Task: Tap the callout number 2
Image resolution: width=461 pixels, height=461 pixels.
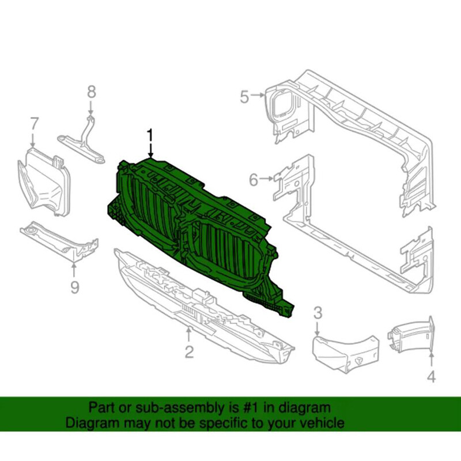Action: [x=189, y=352]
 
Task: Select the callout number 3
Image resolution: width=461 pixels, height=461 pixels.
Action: [x=318, y=313]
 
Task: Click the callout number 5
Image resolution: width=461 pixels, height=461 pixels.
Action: [x=244, y=97]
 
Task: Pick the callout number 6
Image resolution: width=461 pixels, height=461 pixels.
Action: [x=254, y=181]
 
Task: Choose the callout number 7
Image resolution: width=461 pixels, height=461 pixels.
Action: [x=34, y=124]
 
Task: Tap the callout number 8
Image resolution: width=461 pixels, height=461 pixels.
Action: [x=91, y=92]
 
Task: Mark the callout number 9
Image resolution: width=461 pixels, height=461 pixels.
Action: [x=74, y=286]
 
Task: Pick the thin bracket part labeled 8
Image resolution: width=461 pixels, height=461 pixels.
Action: [x=84, y=141]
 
